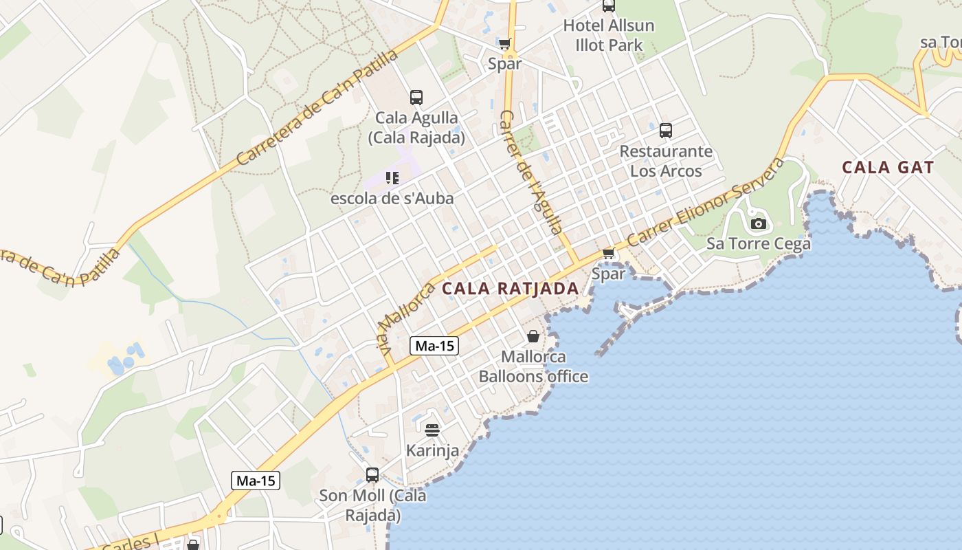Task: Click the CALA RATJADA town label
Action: click(x=510, y=289)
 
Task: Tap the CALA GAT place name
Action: click(x=888, y=167)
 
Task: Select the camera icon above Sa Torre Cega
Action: click(x=759, y=223)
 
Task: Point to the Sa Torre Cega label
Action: click(x=759, y=243)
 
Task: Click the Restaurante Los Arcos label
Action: click(x=666, y=161)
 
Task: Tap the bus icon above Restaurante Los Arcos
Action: click(x=665, y=130)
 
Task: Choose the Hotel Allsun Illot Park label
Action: click(x=609, y=35)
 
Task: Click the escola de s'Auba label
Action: click(x=392, y=199)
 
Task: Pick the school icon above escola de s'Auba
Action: click(x=392, y=179)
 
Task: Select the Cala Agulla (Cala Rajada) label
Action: click(x=416, y=127)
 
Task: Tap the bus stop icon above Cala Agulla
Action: click(x=416, y=97)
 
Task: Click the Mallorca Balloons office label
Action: click(x=533, y=366)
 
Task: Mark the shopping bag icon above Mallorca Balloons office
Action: click(x=533, y=336)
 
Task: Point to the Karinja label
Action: click(x=432, y=451)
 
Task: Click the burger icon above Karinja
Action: click(x=432, y=430)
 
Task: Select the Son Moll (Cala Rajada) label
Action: click(x=372, y=505)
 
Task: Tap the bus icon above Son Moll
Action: click(x=372, y=474)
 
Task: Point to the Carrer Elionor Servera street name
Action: click(x=706, y=203)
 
